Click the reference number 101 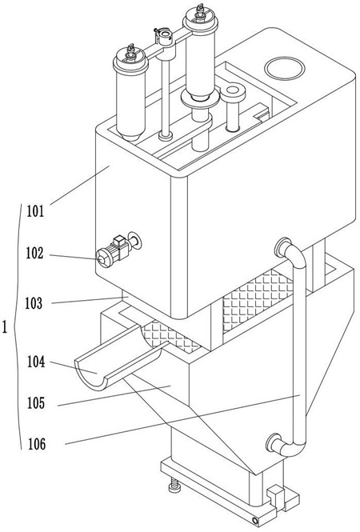(36, 211)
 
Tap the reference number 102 (35, 253)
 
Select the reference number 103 (34, 303)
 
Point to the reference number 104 (36, 362)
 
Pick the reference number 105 (36, 403)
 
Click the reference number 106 (36, 444)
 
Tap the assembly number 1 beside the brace (5, 328)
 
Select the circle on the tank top (285, 68)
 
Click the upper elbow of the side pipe (293, 253)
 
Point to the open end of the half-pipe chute (90, 375)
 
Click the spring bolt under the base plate (174, 485)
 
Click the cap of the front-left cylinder (130, 60)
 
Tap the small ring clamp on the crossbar (166, 37)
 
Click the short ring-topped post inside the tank (233, 107)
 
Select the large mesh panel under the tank (257, 300)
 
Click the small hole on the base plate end (255, 520)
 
